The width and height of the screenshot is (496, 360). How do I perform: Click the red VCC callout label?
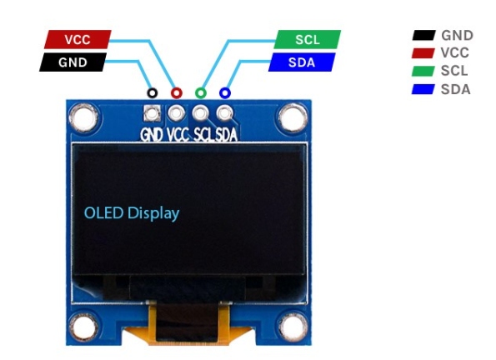click(78, 39)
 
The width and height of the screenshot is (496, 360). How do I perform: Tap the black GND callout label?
click(73, 62)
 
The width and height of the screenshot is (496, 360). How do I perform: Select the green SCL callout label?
click(307, 39)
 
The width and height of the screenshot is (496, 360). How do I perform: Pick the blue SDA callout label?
click(302, 62)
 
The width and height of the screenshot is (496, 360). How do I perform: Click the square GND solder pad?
click(153, 113)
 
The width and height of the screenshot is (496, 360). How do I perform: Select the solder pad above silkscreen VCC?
click(176, 113)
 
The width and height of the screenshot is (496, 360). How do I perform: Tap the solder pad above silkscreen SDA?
click(224, 113)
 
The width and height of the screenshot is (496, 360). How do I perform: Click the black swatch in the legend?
click(423, 35)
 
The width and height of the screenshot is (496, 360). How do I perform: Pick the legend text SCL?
click(454, 71)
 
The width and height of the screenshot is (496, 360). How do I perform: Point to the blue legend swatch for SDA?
click(423, 89)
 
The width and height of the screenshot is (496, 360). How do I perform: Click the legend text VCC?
click(454, 52)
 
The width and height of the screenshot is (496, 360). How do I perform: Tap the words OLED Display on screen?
click(132, 213)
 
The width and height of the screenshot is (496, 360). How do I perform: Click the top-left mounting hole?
click(83, 117)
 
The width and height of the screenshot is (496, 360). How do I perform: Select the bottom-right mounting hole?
click(293, 327)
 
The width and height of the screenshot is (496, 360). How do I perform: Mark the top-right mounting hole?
click(293, 117)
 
